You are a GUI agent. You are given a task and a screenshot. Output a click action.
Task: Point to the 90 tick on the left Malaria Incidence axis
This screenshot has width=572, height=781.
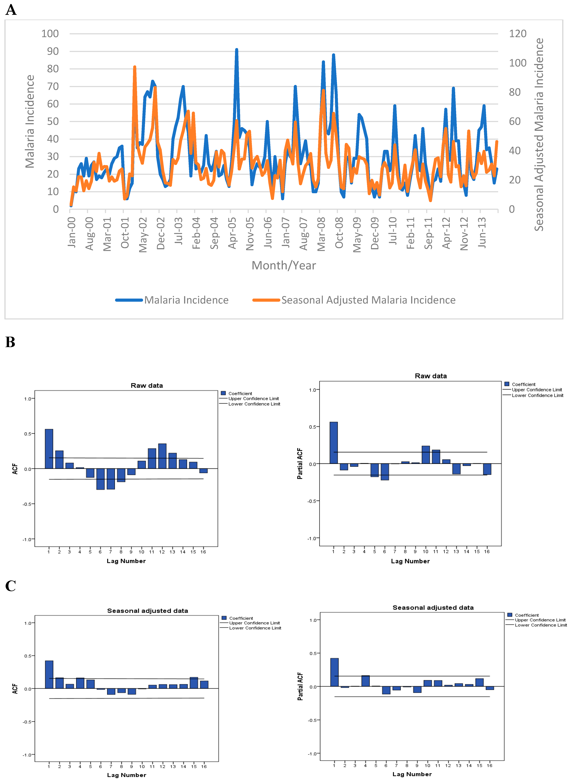(53, 51)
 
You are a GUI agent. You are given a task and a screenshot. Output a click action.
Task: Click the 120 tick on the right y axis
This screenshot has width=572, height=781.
(517, 34)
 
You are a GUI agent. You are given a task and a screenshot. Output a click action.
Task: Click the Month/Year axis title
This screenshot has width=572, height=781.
(284, 265)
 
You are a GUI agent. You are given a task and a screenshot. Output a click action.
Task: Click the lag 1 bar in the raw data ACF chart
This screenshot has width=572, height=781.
(49, 449)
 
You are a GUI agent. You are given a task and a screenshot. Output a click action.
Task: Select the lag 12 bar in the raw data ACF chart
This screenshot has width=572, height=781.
(162, 456)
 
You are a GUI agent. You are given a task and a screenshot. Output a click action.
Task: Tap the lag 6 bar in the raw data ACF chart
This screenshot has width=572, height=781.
(100, 479)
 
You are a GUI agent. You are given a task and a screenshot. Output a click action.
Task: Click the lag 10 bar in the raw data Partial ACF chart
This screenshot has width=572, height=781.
(426, 455)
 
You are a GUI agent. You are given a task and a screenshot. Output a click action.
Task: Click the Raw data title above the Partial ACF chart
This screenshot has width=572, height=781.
(431, 376)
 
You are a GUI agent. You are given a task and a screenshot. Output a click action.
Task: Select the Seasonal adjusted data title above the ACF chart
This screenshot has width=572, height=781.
(148, 611)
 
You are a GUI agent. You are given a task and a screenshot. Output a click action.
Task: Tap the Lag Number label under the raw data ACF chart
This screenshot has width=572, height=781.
(126, 561)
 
